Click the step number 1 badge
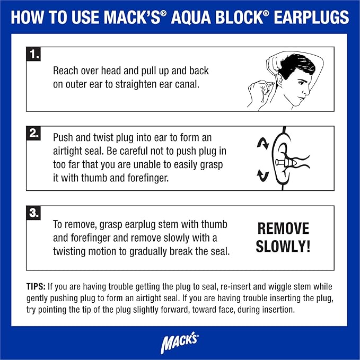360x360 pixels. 34,55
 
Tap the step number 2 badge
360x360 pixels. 34,134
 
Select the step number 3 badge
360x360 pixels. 34,214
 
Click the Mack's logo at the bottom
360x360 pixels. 179,343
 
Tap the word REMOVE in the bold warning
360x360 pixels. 283,229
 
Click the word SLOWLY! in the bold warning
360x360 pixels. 283,247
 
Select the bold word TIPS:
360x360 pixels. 39,286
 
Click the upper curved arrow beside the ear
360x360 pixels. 261,143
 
